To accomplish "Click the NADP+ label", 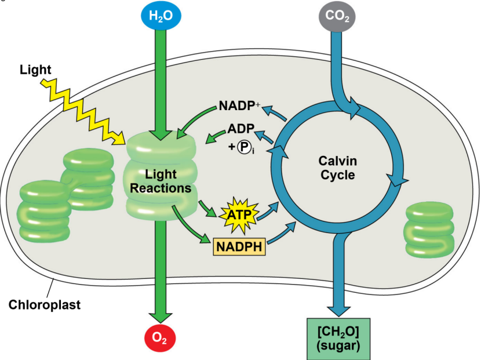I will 240,107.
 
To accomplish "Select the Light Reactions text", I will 161,181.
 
